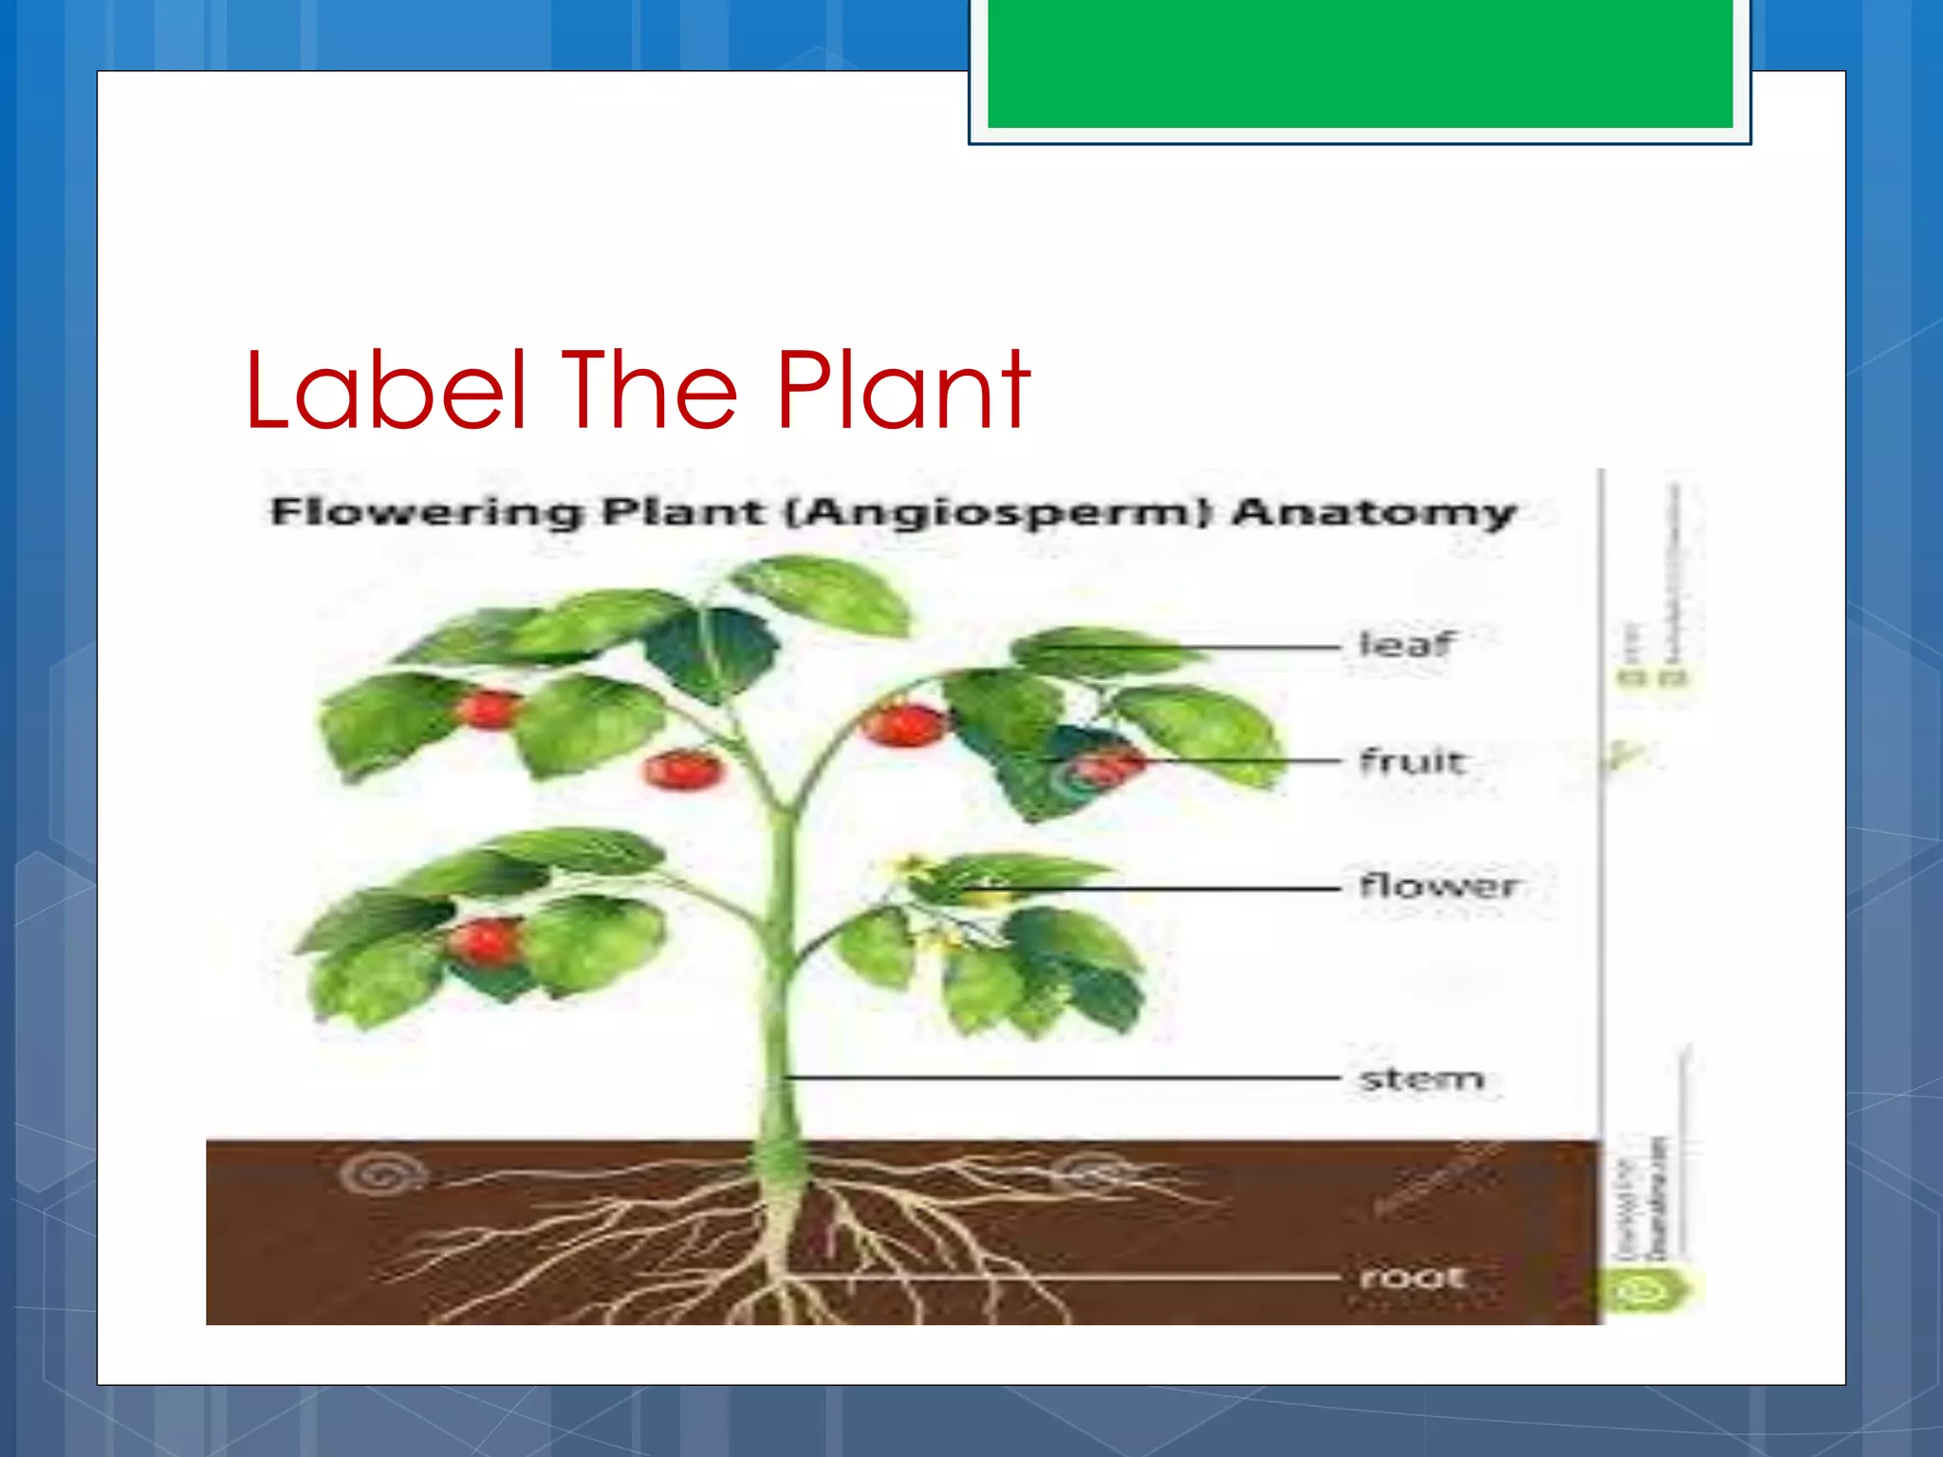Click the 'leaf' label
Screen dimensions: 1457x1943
point(1405,645)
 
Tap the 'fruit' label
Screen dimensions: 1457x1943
point(1412,761)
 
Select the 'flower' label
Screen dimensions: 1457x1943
point(1437,886)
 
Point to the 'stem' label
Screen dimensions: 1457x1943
point(1420,1079)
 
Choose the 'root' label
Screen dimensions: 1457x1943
point(1412,1278)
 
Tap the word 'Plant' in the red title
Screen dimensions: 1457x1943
point(903,390)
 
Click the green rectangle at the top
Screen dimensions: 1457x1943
point(1360,64)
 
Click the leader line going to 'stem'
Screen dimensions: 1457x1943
point(1063,1078)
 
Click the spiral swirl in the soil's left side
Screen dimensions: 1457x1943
point(381,1174)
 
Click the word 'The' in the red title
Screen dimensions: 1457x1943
point(649,390)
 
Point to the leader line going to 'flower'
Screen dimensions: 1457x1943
point(1167,889)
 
